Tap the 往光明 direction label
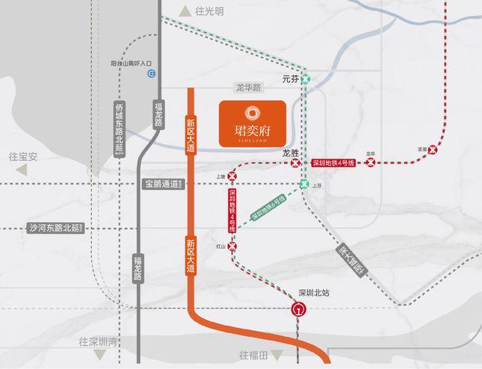point(210,11)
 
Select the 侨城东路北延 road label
point(120,128)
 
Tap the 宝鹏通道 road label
point(161,183)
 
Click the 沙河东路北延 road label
point(56,228)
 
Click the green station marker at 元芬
point(307,77)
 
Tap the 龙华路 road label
point(248,86)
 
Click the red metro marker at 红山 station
point(233,247)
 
